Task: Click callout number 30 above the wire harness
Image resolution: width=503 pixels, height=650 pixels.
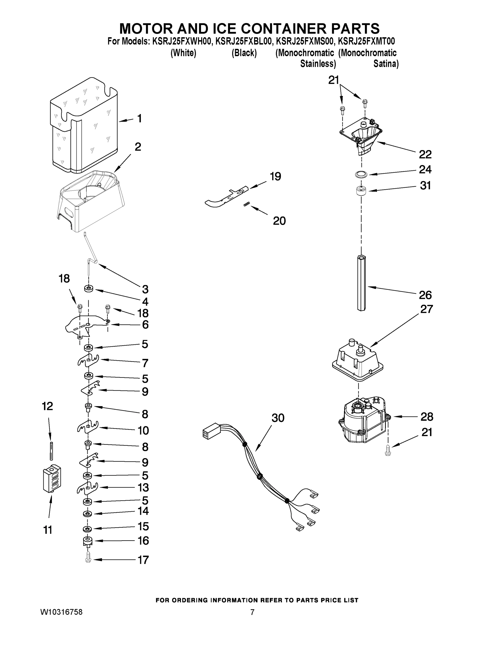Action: (x=278, y=418)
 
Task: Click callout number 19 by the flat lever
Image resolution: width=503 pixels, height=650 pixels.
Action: (x=275, y=177)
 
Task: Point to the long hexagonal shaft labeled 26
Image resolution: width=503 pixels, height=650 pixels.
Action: (x=361, y=283)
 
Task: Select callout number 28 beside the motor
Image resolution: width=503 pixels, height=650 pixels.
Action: (x=427, y=417)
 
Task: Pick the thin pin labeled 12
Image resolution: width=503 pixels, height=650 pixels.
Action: (x=52, y=451)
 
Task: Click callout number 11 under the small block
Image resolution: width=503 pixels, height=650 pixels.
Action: (x=48, y=530)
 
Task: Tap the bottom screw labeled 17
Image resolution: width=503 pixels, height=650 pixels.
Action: (x=87, y=559)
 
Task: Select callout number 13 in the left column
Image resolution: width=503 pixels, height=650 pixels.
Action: (x=143, y=487)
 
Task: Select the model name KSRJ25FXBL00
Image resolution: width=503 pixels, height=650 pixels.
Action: (x=244, y=41)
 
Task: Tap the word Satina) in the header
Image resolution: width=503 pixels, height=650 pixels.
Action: (x=386, y=64)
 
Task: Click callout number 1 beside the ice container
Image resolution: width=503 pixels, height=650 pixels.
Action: (x=139, y=118)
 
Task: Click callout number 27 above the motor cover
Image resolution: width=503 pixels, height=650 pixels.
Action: (x=426, y=309)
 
